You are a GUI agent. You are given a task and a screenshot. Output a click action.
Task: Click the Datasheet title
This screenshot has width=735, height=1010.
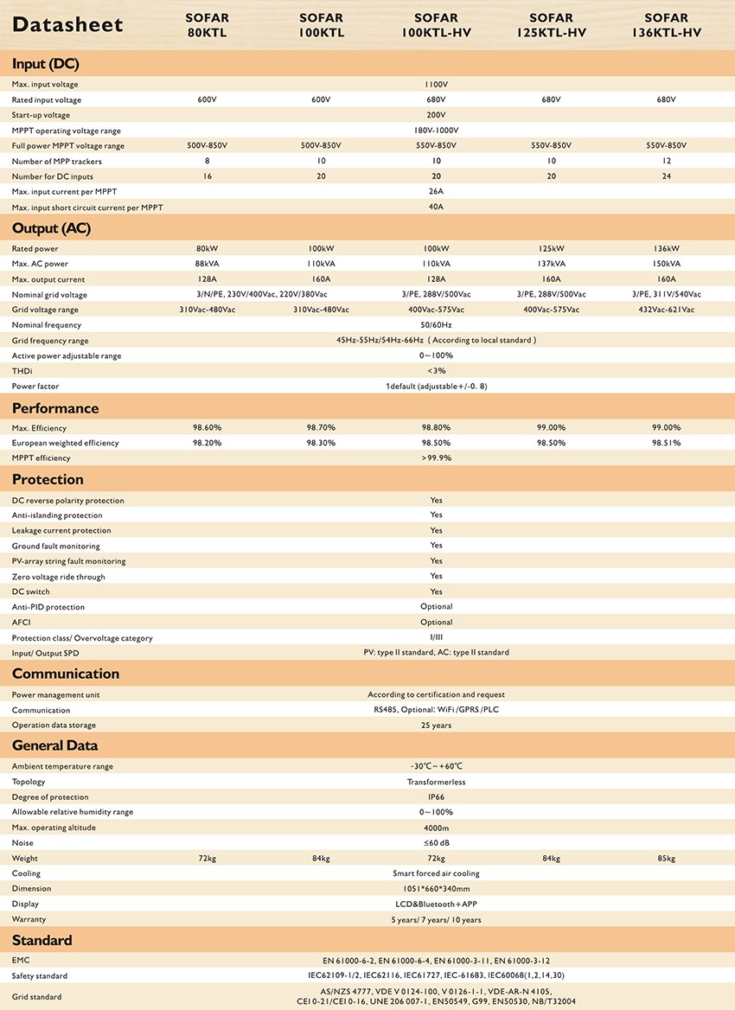coord(67,26)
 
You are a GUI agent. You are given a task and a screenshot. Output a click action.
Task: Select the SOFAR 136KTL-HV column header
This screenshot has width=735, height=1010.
coord(666,25)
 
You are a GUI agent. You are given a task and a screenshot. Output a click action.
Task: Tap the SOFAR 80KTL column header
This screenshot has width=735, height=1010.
coord(207,25)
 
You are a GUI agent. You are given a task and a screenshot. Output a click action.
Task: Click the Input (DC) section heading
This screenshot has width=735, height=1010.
coord(46,63)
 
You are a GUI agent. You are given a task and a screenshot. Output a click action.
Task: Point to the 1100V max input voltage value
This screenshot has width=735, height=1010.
coord(436,85)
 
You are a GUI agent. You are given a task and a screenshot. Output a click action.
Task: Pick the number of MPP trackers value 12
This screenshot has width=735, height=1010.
coord(666,161)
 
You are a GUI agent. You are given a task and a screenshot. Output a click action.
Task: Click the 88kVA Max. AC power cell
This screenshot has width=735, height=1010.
coord(207,264)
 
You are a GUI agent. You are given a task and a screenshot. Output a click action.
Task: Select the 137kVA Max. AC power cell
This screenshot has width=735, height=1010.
coord(551,264)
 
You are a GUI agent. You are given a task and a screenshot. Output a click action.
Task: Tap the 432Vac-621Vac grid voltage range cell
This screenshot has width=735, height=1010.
coord(666,310)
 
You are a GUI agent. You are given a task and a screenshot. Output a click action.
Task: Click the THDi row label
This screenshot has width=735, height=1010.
coord(22,371)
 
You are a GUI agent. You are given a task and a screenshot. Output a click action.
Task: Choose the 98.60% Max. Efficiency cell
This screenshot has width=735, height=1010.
coord(207,427)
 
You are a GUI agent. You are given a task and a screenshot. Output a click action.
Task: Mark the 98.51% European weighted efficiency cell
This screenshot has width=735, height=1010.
coord(666,443)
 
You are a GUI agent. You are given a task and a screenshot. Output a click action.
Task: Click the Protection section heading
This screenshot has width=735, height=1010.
coord(48,479)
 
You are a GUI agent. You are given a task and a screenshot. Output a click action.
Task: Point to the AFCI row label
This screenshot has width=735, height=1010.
coord(22,623)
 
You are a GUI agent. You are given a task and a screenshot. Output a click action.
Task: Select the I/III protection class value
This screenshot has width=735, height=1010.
coord(436,638)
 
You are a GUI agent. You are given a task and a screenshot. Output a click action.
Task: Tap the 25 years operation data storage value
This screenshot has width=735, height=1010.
coord(436,726)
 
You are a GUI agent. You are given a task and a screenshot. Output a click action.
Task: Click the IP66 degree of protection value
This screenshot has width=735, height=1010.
coord(436,797)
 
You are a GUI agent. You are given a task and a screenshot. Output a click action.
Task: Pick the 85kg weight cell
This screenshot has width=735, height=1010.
coord(666,859)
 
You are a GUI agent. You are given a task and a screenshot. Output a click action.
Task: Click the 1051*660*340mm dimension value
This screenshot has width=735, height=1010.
coord(436,889)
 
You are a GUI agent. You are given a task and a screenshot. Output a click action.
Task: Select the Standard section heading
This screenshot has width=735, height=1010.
coord(42,940)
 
